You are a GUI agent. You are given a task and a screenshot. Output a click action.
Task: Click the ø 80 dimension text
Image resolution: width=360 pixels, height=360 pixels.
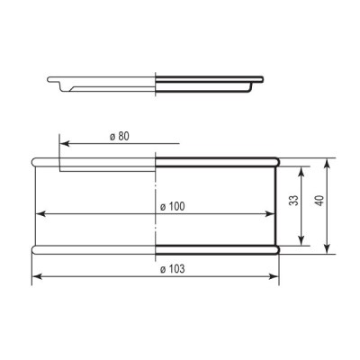tap(119, 135)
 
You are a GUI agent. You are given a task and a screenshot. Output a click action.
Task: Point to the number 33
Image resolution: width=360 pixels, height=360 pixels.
tap(292, 202)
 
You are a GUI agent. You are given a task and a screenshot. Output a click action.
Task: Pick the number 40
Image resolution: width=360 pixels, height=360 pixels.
tap(319, 202)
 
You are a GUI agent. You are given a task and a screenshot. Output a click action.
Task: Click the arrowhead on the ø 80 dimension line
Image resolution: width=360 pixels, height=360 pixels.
tap(63, 141)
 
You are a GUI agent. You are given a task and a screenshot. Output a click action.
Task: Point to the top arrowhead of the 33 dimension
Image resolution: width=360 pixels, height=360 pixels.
tap(300, 169)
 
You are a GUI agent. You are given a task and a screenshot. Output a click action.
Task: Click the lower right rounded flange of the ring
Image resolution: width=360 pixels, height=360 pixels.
tap(276, 249)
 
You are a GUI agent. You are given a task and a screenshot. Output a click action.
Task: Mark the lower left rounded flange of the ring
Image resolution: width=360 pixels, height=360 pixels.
tap(37, 249)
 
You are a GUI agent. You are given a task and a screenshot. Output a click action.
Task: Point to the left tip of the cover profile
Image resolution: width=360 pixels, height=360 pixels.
tap(50, 82)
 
